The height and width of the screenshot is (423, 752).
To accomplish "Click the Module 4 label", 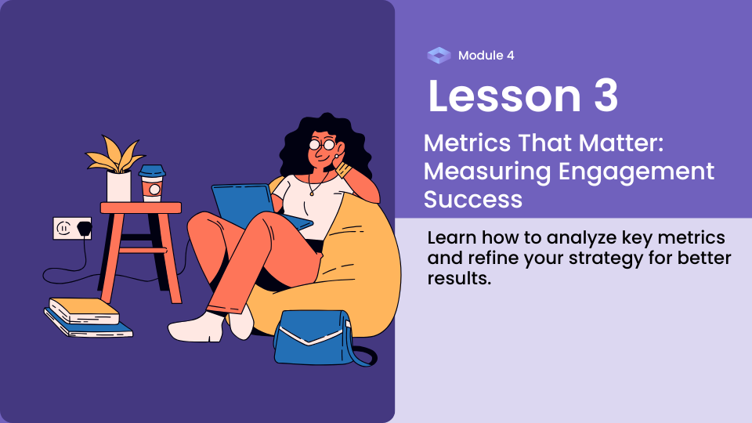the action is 486,56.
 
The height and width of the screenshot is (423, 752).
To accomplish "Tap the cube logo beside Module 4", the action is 439,56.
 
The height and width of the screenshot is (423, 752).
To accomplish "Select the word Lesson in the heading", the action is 504,96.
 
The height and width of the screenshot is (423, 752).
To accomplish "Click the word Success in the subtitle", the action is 473,200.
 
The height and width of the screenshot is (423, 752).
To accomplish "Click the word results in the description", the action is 459,278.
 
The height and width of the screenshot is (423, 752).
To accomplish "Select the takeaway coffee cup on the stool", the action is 152,183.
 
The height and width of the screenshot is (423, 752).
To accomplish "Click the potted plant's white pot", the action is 118,186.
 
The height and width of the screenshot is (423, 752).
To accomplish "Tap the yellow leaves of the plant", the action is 114,154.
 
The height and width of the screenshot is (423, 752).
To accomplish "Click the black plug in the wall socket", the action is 85,228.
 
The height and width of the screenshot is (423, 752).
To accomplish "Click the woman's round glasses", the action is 322,144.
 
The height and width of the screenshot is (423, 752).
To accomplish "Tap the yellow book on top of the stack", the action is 85,310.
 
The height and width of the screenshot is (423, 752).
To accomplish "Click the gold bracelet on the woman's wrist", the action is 344,169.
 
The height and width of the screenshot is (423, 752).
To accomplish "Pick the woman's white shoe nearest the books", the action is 196,327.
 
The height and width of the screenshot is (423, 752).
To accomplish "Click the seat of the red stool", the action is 140,208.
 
